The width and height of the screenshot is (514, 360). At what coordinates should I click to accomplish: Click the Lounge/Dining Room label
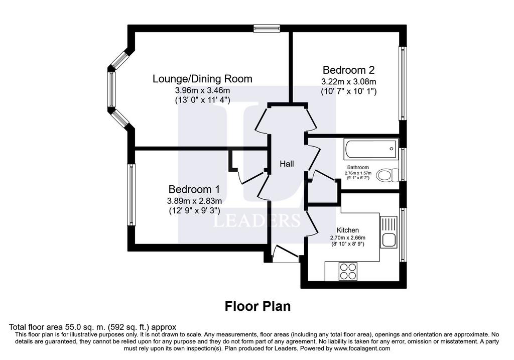coord(202,79)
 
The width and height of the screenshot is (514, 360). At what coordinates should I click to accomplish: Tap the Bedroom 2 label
coord(348,70)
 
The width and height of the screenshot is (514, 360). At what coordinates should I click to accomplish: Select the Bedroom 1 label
coord(194,189)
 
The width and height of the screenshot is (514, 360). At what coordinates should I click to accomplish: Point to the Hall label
coord(287,164)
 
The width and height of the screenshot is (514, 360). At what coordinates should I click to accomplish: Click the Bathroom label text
coord(358,167)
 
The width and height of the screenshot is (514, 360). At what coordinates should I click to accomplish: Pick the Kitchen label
coord(348,230)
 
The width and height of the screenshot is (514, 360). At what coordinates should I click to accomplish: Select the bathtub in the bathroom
coord(371,149)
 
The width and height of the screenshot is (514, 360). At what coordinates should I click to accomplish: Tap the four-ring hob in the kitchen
coord(348,272)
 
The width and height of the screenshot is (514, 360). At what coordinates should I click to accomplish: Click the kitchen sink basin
coord(389,241)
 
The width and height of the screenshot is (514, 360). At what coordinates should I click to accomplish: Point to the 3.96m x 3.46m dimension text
coord(202,90)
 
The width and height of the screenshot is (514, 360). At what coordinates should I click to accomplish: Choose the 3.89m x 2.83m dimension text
coord(194,201)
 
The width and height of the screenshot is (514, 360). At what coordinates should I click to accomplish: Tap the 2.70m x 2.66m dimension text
coord(348,238)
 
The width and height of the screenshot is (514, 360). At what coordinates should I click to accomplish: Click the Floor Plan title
coord(258,306)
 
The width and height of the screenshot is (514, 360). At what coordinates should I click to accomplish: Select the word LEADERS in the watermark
coord(256,220)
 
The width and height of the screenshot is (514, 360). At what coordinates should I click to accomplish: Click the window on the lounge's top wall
coord(267,29)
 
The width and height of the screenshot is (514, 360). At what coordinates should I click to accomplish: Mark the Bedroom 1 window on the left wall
coord(132,195)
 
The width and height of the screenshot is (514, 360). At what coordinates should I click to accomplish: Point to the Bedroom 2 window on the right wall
coord(403,83)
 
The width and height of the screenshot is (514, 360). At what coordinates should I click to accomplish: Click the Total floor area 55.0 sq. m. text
coord(92,327)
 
